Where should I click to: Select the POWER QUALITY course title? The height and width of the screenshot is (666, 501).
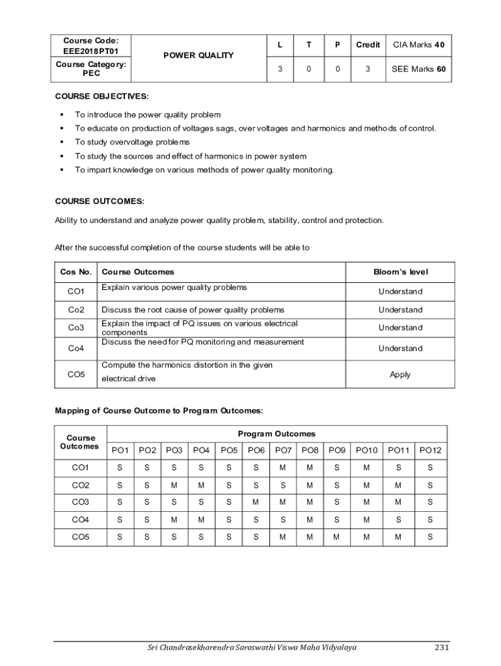pyautogui.click(x=198, y=55)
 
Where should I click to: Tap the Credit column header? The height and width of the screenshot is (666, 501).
pyautogui.click(x=368, y=45)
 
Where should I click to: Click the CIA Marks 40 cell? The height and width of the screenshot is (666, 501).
pyautogui.click(x=418, y=45)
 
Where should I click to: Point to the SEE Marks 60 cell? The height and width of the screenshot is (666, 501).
pyautogui.click(x=418, y=69)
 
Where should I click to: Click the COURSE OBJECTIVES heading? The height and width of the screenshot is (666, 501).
pyautogui.click(x=102, y=96)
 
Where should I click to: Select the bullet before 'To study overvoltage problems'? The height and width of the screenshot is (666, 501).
pyautogui.click(x=61, y=142)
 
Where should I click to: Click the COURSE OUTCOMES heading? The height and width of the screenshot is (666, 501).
pyautogui.click(x=100, y=202)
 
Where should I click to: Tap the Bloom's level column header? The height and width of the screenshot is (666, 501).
pyautogui.click(x=400, y=272)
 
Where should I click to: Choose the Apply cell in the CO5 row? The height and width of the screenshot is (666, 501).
pyautogui.click(x=400, y=375)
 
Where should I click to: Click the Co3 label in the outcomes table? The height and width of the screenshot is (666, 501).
pyautogui.click(x=76, y=328)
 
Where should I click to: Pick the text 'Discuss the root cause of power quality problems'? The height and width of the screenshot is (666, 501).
pyautogui.click(x=193, y=310)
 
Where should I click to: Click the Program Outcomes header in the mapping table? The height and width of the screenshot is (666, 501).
pyautogui.click(x=277, y=434)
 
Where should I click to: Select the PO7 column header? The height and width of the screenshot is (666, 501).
pyautogui.click(x=283, y=450)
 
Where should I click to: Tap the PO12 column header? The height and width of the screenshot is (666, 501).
pyautogui.click(x=430, y=450)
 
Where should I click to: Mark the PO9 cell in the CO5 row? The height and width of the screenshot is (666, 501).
pyautogui.click(x=336, y=537)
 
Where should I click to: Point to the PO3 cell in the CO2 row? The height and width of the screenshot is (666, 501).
pyautogui.click(x=174, y=485)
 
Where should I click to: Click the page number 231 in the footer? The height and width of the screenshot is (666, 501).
pyautogui.click(x=442, y=647)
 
